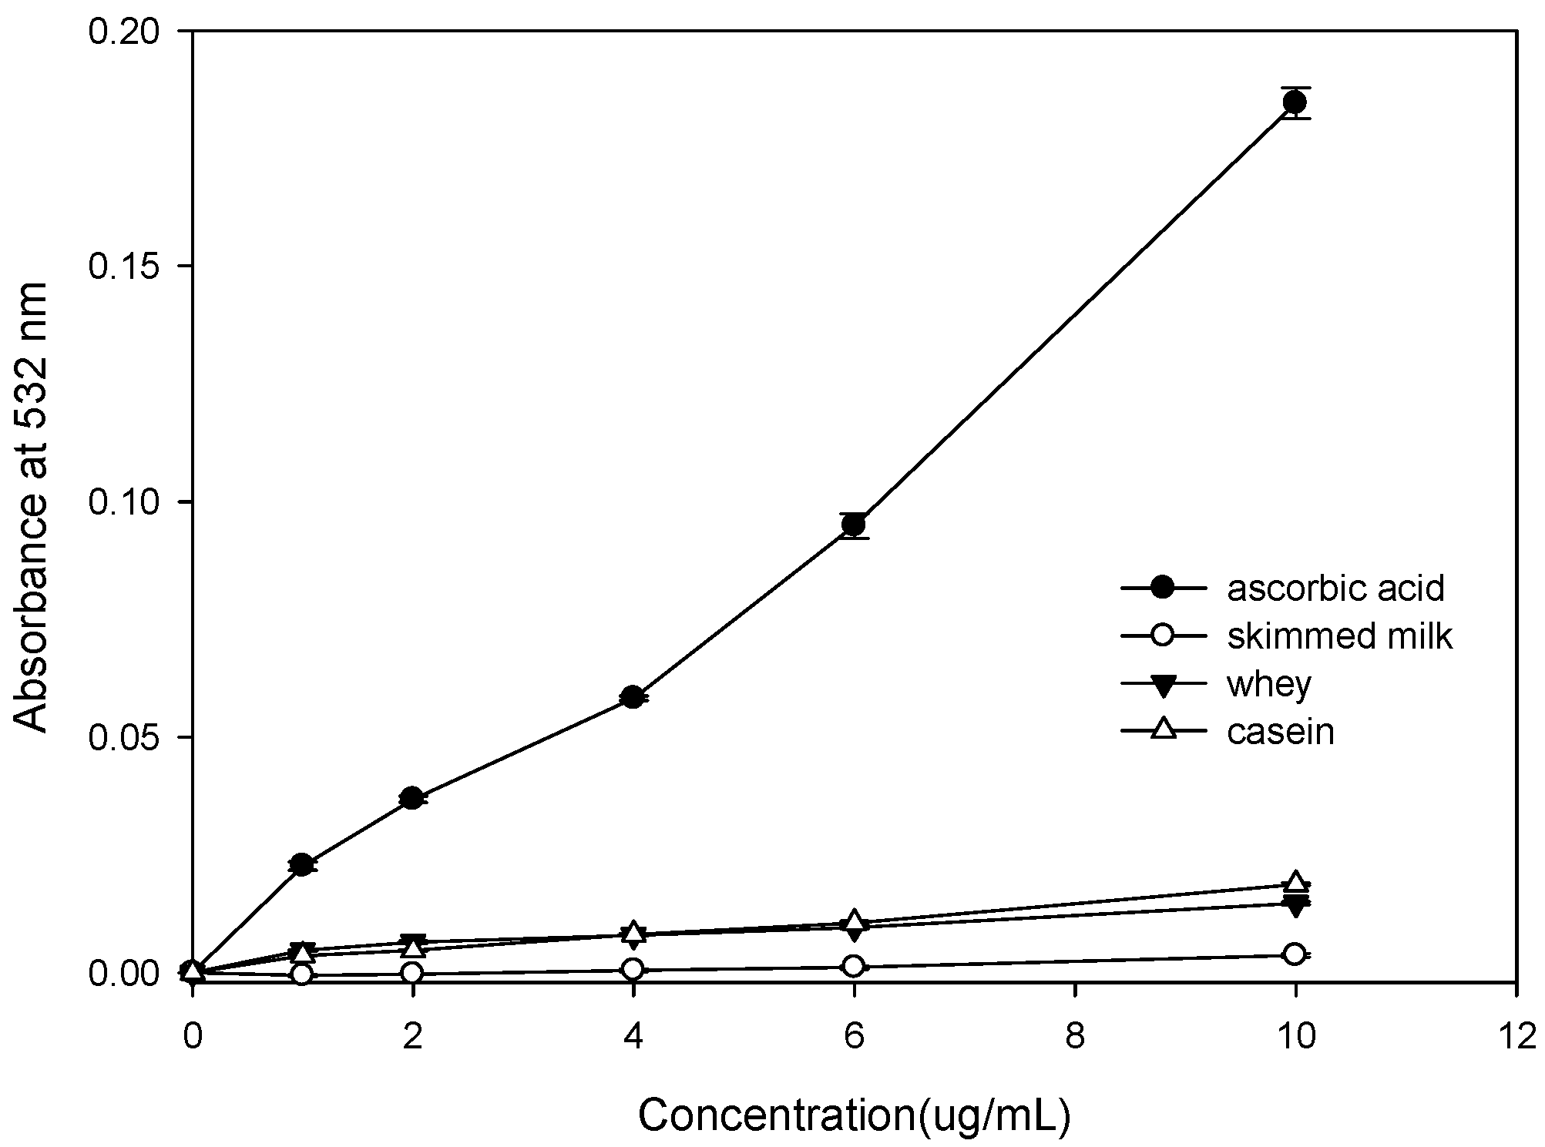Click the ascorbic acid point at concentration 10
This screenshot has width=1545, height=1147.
1295,102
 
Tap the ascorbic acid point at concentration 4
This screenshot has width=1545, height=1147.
633,697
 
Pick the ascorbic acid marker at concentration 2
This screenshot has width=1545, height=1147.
412,798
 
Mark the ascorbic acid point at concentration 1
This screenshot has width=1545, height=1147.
302,865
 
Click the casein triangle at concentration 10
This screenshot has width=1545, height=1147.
1295,883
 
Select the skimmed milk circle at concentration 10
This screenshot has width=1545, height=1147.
1295,954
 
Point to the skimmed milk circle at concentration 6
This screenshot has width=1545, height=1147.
853,966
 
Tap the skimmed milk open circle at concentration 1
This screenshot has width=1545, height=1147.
302,974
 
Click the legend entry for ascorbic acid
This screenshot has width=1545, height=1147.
1335,589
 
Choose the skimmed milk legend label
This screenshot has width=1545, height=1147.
1339,636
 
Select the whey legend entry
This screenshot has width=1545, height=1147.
1268,684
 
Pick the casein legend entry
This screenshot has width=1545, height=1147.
1280,731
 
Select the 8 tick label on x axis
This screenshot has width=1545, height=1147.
1074,1037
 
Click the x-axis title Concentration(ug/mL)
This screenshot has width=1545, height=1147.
854,1115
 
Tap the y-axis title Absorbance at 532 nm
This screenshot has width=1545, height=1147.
32,506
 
